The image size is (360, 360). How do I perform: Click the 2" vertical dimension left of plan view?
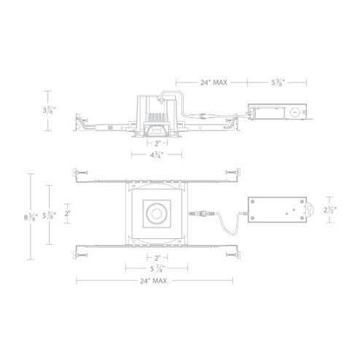click(x=68, y=214)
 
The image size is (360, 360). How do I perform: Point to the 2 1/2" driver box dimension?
click(x=329, y=211)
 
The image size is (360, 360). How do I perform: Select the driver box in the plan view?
click(x=280, y=211)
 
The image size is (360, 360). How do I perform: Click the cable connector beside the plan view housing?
click(x=199, y=214)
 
